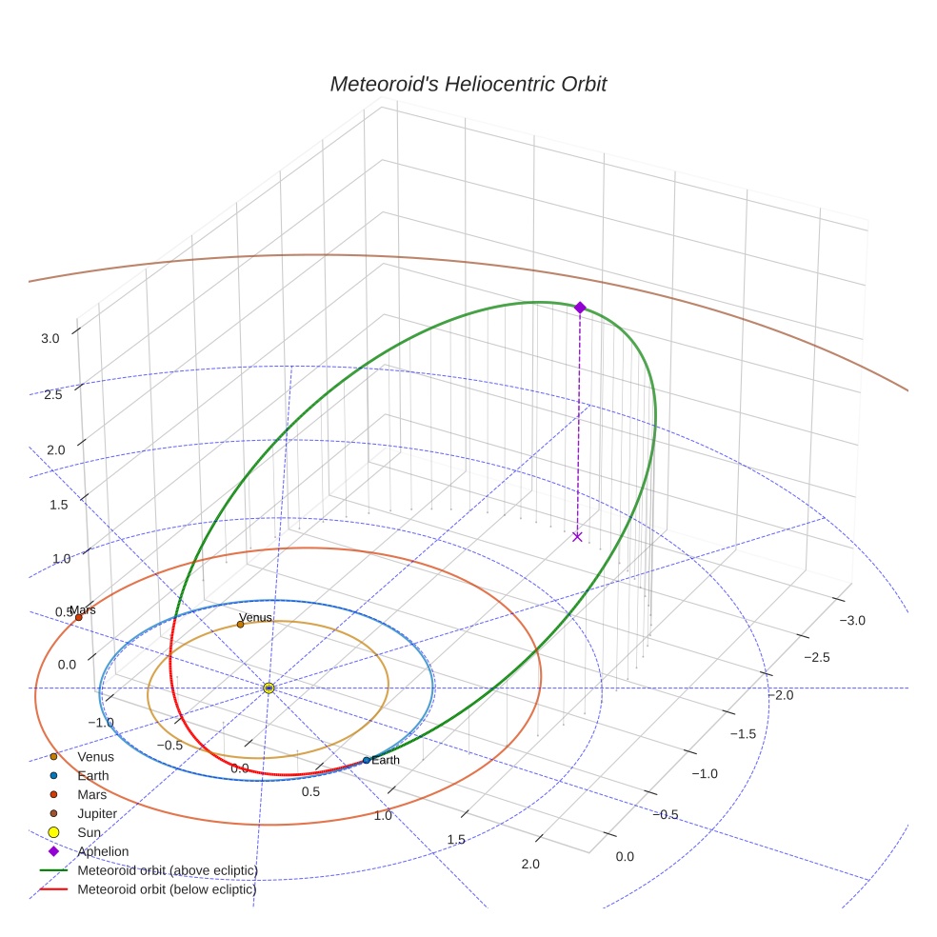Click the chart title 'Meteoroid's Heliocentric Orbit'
[468, 84]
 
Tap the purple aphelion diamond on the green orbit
[580, 307]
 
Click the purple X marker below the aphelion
[577, 537]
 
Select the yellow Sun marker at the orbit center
[269, 688]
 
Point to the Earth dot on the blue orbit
[367, 760]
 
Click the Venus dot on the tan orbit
[240, 625]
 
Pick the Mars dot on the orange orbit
[78, 617]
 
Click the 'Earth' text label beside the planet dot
[386, 760]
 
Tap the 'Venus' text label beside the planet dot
[255, 617]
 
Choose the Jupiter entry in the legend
[97, 813]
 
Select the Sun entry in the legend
[89, 832]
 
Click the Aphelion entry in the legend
[103, 851]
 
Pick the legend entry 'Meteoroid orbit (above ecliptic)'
[168, 870]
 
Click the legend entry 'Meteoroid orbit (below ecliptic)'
[168, 889]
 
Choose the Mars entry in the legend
[91, 794]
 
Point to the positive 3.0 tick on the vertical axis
[50, 338]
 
